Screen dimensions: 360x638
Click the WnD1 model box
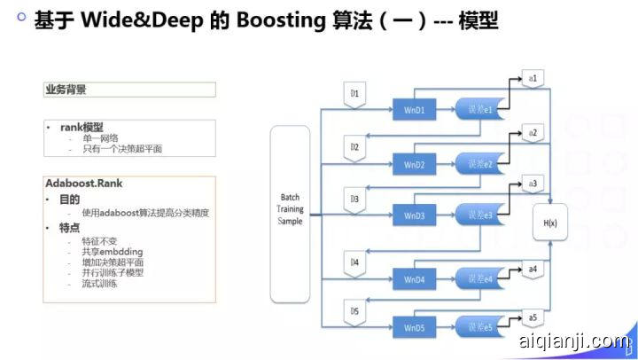[x=415, y=111]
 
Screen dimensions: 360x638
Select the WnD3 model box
[x=415, y=215]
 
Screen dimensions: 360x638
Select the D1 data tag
[x=354, y=93]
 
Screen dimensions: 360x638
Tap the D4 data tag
[x=354, y=263]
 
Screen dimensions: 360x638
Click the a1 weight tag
[x=534, y=79]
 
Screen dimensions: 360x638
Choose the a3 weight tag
[x=533, y=184]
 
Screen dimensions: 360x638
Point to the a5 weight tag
[x=533, y=317]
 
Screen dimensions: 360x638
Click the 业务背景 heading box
[x=129, y=90]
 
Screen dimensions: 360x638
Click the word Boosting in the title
[x=272, y=21]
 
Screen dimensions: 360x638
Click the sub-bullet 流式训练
[x=99, y=284]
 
